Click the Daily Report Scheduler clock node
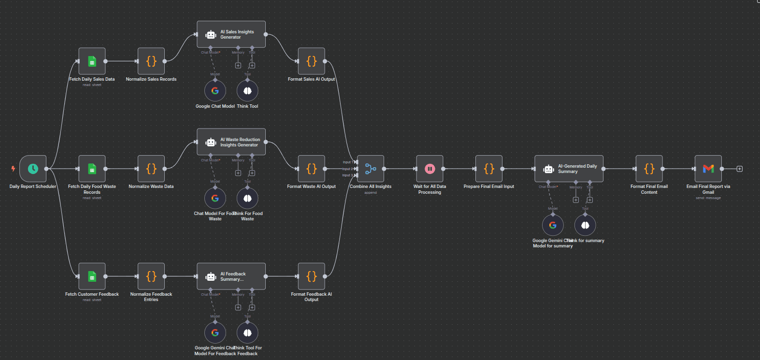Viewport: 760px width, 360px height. pyautogui.click(x=33, y=169)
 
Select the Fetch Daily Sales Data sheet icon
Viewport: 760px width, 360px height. pyautogui.click(x=92, y=61)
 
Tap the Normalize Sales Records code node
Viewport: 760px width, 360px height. pyautogui.click(x=151, y=61)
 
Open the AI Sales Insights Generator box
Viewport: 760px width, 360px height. pyautogui.click(x=231, y=34)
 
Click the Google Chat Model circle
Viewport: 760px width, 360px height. pyautogui.click(x=215, y=91)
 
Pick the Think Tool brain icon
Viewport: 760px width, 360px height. pyautogui.click(x=247, y=91)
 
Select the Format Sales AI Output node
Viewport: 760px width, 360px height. pyautogui.click(x=311, y=61)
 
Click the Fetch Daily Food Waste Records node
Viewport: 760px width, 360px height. pyautogui.click(x=92, y=169)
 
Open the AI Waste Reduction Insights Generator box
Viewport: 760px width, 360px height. pyautogui.click(x=231, y=142)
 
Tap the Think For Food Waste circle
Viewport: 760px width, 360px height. pyautogui.click(x=247, y=198)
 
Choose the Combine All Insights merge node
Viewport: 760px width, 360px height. pyautogui.click(x=371, y=169)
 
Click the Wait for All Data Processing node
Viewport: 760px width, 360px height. pyautogui.click(x=430, y=169)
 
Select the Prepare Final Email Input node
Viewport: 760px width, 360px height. pyautogui.click(x=489, y=169)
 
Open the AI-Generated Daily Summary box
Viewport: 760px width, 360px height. pyautogui.click(x=569, y=169)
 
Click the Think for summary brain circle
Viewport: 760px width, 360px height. pyautogui.click(x=585, y=225)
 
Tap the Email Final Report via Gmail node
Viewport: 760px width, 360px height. pyautogui.click(x=708, y=169)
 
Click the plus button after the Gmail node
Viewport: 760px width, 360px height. pyautogui.click(x=739, y=169)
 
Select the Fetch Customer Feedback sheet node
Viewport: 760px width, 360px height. pyautogui.click(x=92, y=276)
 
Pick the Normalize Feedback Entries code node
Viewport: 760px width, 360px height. pyautogui.click(x=151, y=276)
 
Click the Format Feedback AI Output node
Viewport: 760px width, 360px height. pyautogui.click(x=311, y=276)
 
